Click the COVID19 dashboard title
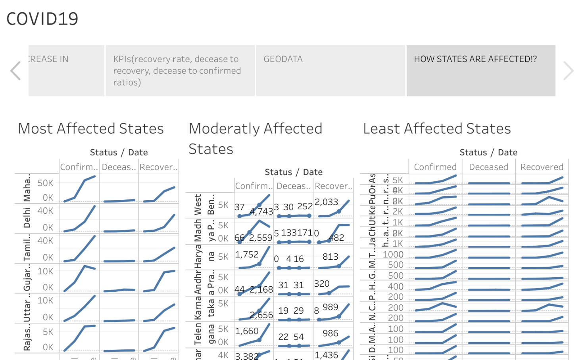point(42,19)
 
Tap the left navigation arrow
point(15,71)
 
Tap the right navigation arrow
point(568,71)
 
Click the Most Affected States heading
point(91,129)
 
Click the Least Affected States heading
point(437,129)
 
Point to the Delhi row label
point(27,218)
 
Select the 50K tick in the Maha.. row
point(45,183)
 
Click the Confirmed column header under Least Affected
point(435,167)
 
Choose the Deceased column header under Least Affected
point(488,167)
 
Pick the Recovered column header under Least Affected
point(542,167)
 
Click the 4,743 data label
point(261,211)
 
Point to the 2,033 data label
point(326,202)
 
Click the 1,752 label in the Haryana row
point(246,255)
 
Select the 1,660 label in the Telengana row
point(246,331)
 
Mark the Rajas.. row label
point(27,338)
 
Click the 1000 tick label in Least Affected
point(393,255)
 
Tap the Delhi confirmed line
point(85,221)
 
